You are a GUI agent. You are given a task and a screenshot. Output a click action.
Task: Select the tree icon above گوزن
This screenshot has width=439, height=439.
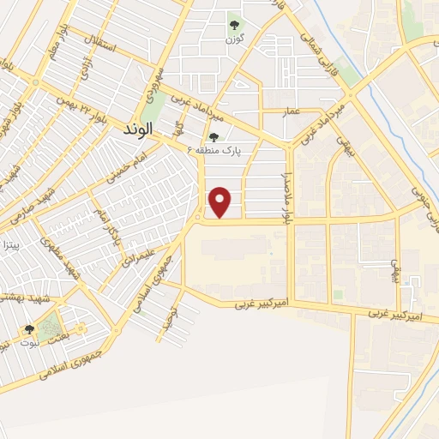(x=234, y=24)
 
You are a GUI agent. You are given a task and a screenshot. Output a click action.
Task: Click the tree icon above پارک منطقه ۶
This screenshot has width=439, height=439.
(x=213, y=135)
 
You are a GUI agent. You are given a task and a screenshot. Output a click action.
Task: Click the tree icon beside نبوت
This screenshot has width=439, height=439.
(x=29, y=329)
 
